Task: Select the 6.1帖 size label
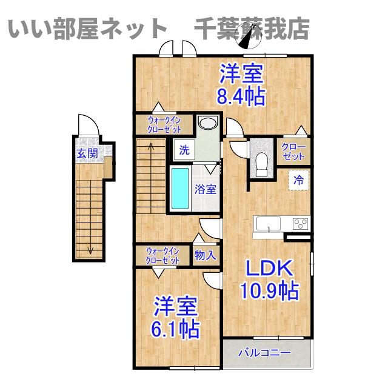coord(176,329)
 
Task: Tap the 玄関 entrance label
coord(87,153)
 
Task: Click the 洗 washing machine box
coord(183,149)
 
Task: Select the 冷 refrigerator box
coord(298,179)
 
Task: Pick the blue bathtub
coord(180,189)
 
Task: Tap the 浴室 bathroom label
coord(205,189)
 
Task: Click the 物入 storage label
coord(205,255)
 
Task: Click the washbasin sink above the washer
coord(207,124)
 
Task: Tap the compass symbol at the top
coord(249,38)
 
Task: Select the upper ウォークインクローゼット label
coord(164,124)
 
